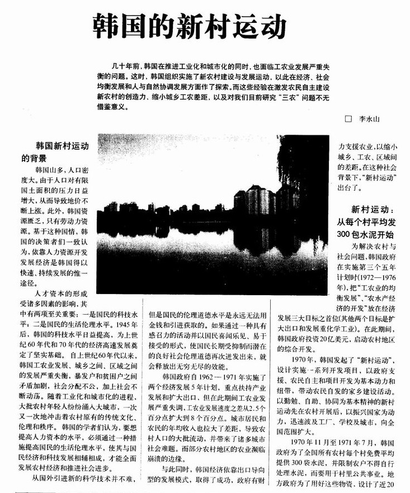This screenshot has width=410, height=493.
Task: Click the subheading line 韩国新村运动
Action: pos(62,146)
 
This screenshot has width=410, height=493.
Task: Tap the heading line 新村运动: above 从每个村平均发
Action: pos(373,210)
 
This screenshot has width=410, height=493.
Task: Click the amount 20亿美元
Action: pos(332,338)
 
